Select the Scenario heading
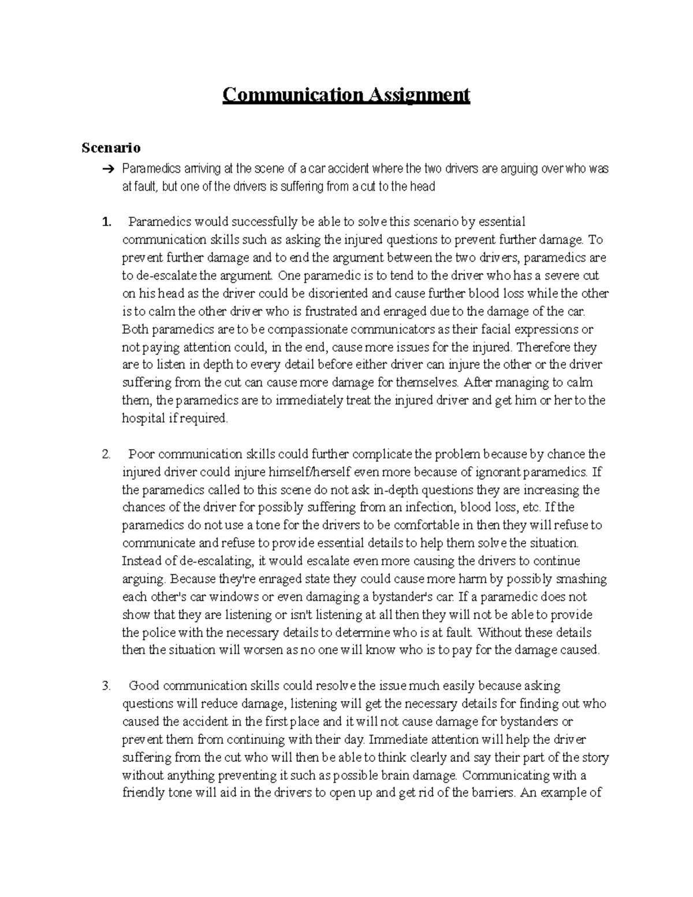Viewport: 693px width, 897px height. pos(111,148)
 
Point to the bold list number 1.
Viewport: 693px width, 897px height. pos(105,222)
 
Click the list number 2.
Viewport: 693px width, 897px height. pos(106,455)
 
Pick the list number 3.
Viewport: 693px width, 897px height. pos(106,686)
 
